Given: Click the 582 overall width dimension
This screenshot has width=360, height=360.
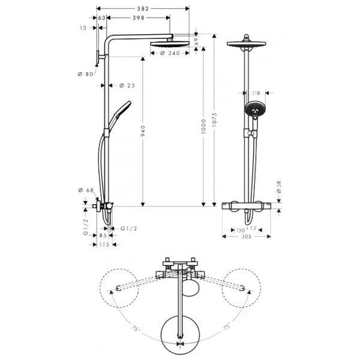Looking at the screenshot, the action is (143, 9).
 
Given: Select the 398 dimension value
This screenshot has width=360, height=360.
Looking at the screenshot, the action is (139, 18).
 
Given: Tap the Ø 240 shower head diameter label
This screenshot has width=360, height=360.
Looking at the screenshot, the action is (170, 53).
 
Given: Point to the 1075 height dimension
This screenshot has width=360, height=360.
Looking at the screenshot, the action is (214, 119).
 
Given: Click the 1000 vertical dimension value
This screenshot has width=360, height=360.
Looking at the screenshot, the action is (203, 126).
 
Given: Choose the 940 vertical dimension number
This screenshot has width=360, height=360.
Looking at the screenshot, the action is (143, 131).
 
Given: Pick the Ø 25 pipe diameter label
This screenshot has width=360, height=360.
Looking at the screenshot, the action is (127, 86).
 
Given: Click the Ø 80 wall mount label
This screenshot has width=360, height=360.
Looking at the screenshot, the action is (85, 74).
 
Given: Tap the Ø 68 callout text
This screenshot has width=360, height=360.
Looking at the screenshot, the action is (86, 190).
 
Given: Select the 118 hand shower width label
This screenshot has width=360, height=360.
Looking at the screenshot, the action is (256, 93).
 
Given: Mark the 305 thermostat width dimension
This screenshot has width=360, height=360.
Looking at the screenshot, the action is (247, 236).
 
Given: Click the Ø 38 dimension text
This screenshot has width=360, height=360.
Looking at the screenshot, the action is (279, 187).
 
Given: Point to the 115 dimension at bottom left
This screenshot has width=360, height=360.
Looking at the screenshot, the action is (104, 245).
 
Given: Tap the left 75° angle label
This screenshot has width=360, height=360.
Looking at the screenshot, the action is (135, 329).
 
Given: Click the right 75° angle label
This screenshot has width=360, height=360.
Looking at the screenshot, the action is (226, 327).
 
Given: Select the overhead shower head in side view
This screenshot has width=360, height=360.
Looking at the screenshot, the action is (170, 44).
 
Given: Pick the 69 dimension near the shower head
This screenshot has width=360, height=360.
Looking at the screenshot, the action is (196, 41).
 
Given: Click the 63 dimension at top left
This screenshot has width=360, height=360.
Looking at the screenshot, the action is (101, 18).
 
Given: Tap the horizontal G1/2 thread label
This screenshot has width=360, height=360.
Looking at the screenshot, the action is (128, 229).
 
